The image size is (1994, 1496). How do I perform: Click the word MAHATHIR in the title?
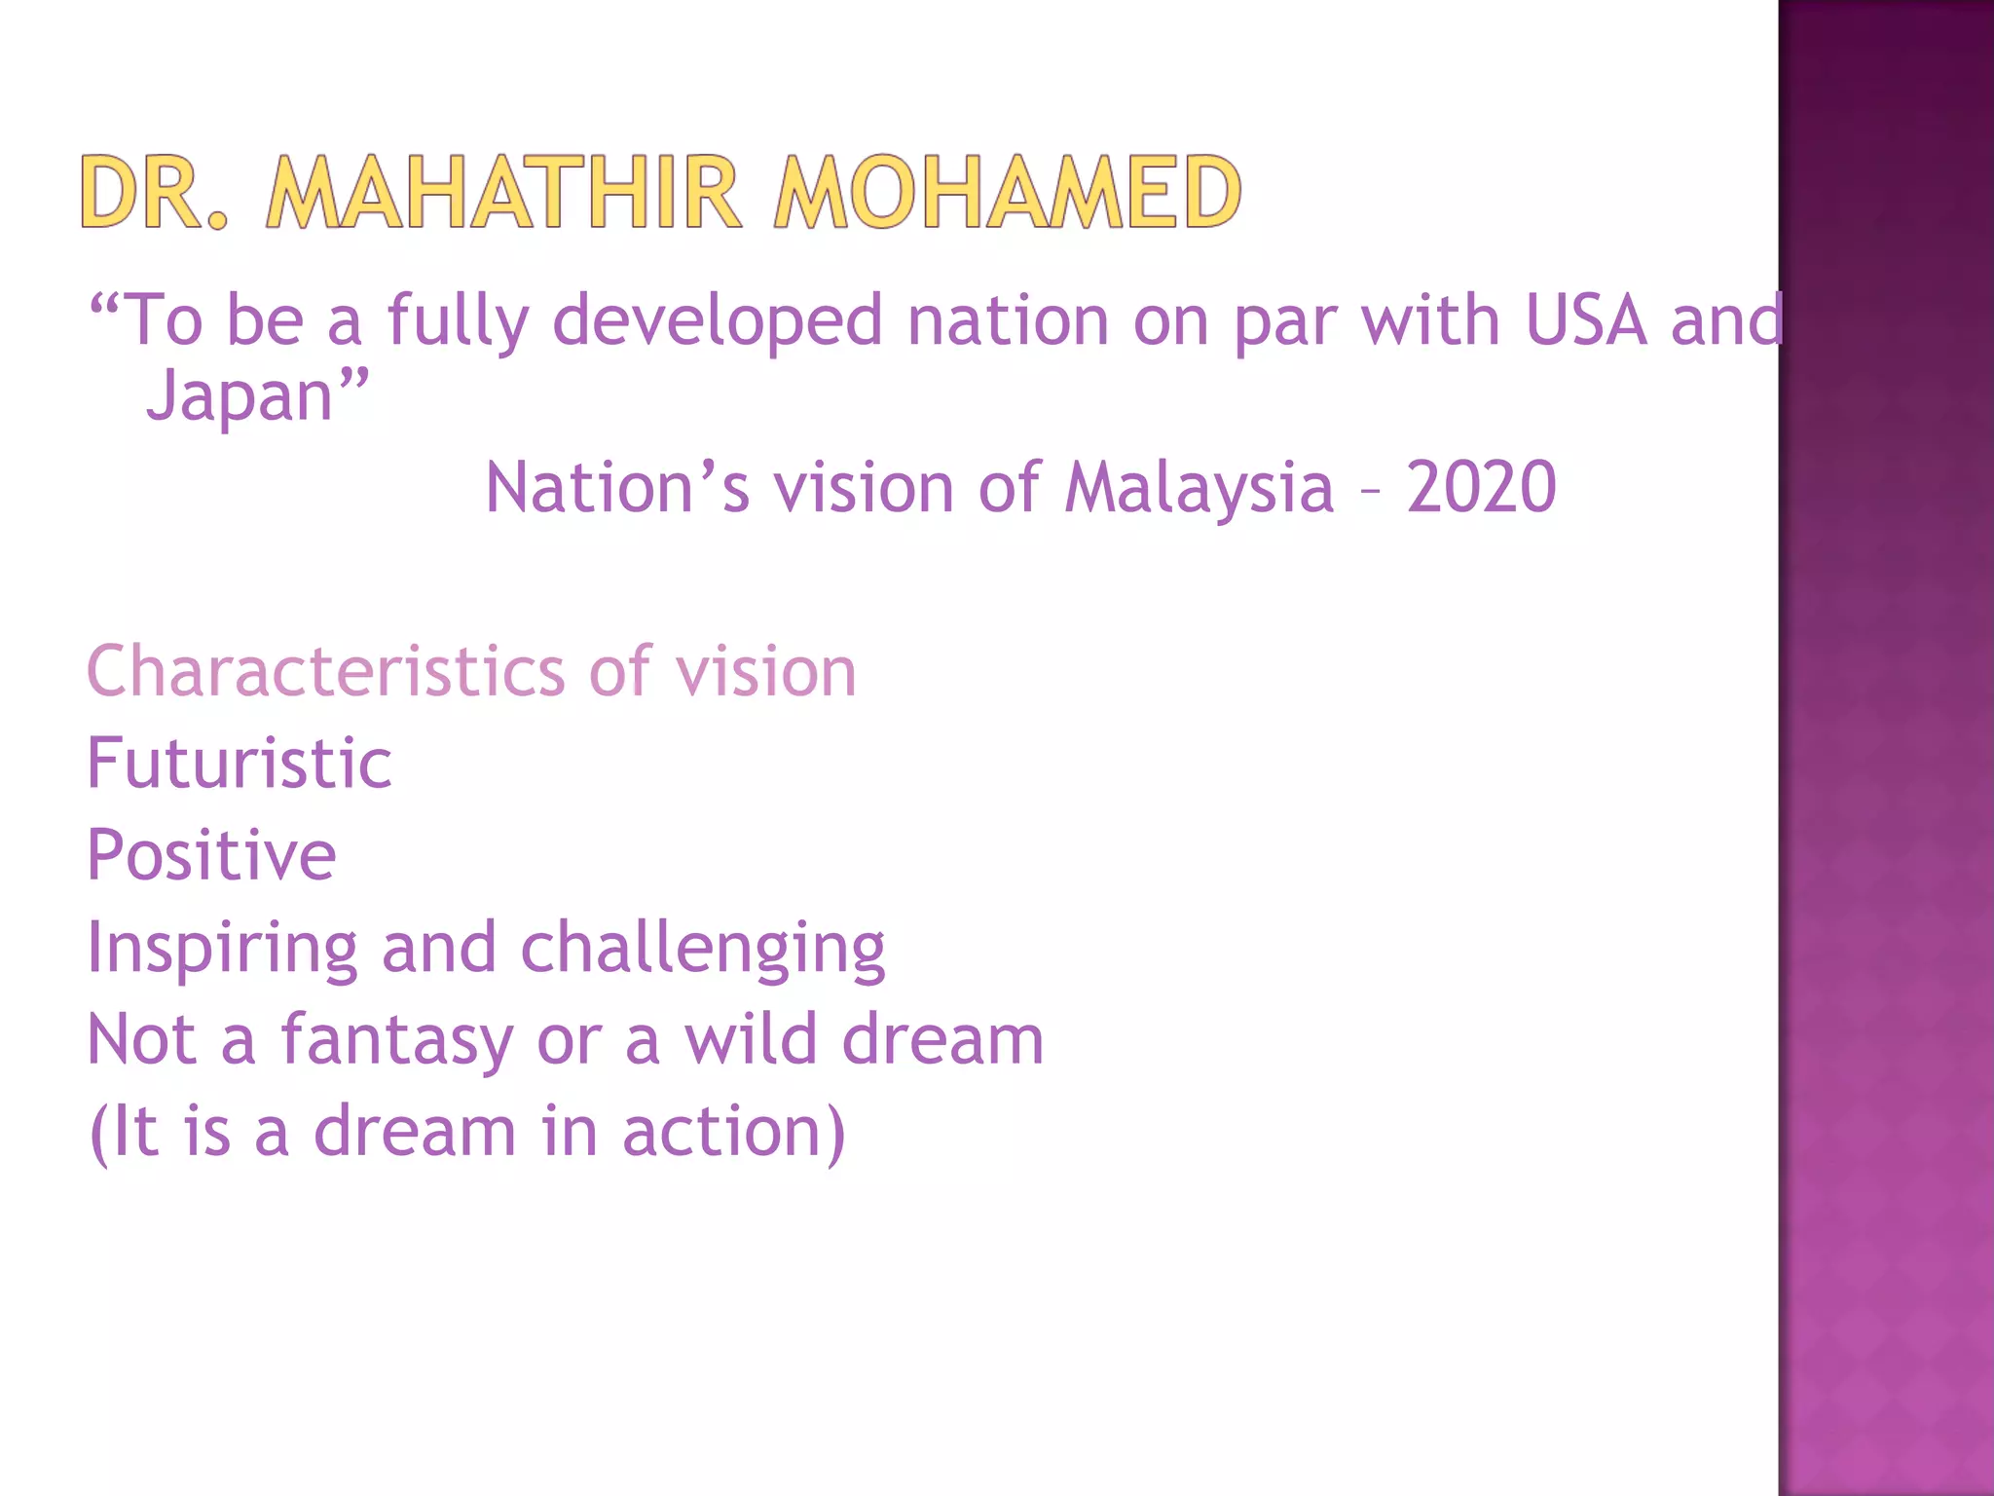[504, 192]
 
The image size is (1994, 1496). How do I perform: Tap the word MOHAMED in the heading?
[1008, 192]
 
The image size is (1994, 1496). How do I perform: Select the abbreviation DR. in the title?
[154, 192]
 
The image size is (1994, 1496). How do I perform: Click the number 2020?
[1481, 487]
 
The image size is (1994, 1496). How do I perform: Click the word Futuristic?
[240, 763]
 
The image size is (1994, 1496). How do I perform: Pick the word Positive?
[211, 855]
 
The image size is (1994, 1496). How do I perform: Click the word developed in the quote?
[718, 321]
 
